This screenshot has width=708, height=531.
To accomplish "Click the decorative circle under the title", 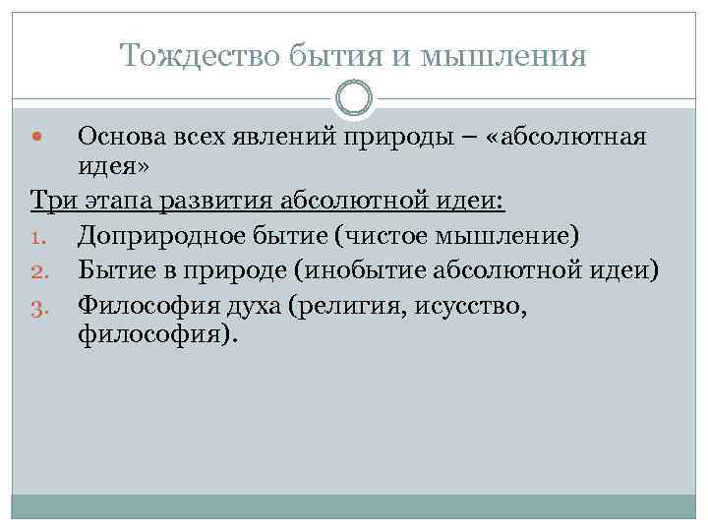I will (x=354, y=99).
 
